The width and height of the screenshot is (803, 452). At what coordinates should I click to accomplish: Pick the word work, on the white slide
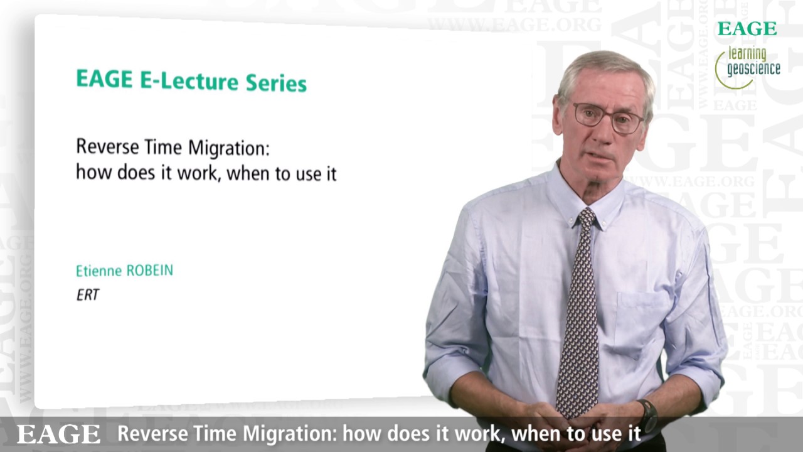tap(199, 173)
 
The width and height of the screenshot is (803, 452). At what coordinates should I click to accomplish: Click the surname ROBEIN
tap(149, 271)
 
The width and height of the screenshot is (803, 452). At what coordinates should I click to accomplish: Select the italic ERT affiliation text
tap(88, 294)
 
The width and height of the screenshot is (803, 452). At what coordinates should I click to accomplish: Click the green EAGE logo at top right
tap(747, 29)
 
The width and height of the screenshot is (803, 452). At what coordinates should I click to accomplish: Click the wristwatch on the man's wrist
tap(647, 415)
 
